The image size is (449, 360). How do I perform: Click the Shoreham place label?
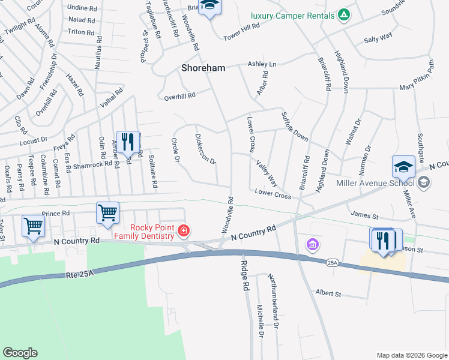[203, 68]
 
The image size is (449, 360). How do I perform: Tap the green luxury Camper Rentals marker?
[343, 14]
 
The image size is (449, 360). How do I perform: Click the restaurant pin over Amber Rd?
[127, 142]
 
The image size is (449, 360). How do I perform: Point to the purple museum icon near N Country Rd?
[312, 244]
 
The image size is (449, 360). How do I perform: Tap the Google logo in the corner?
[20, 353]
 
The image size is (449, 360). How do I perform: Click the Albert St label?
[328, 294]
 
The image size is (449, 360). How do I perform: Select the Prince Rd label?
[56, 214]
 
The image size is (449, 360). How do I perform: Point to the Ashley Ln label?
[262, 64]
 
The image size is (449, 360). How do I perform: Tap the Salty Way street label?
[378, 37]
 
